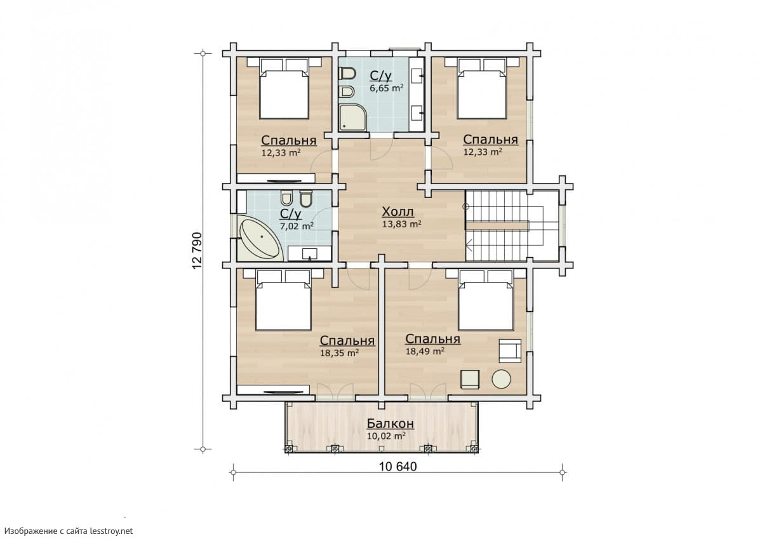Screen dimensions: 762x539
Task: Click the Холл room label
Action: point(398,212)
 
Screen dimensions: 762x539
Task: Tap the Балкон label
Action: point(390,423)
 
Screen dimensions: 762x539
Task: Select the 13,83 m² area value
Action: point(402,223)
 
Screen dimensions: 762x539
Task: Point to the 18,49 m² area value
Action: point(425,351)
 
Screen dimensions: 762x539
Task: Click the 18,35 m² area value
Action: point(340,353)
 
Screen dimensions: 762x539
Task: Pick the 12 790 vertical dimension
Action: point(197,251)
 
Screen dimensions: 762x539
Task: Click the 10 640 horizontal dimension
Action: point(398,467)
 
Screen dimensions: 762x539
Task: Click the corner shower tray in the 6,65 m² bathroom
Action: point(353,117)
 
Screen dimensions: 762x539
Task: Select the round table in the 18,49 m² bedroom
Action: point(501,379)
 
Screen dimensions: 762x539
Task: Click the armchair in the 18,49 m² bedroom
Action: point(510,350)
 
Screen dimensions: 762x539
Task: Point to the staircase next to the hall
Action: point(512,226)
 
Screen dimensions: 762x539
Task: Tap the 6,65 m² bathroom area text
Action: point(387,88)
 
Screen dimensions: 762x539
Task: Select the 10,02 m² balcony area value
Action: point(386,436)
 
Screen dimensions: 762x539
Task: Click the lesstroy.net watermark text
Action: point(111,531)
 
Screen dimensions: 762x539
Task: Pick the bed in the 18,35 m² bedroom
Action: point(283,300)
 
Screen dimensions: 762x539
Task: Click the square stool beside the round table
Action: point(470,379)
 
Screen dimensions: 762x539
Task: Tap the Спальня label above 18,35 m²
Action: point(347,341)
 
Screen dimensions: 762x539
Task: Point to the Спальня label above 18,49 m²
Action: point(433,339)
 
